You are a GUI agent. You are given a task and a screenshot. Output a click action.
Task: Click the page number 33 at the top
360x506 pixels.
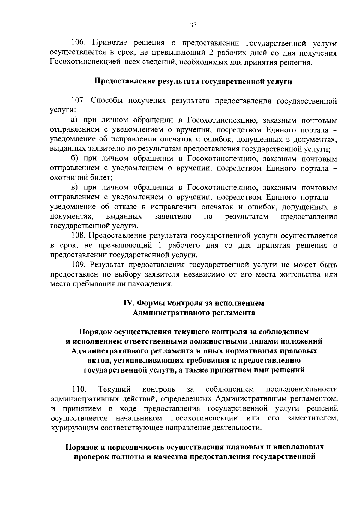coord(193,25)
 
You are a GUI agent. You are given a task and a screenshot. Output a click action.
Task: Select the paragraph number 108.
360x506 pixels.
coord(78,236)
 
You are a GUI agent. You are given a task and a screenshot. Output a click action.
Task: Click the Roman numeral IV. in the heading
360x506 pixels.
coord(129,303)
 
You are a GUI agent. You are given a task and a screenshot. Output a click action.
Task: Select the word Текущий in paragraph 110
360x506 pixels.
coord(114,389)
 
